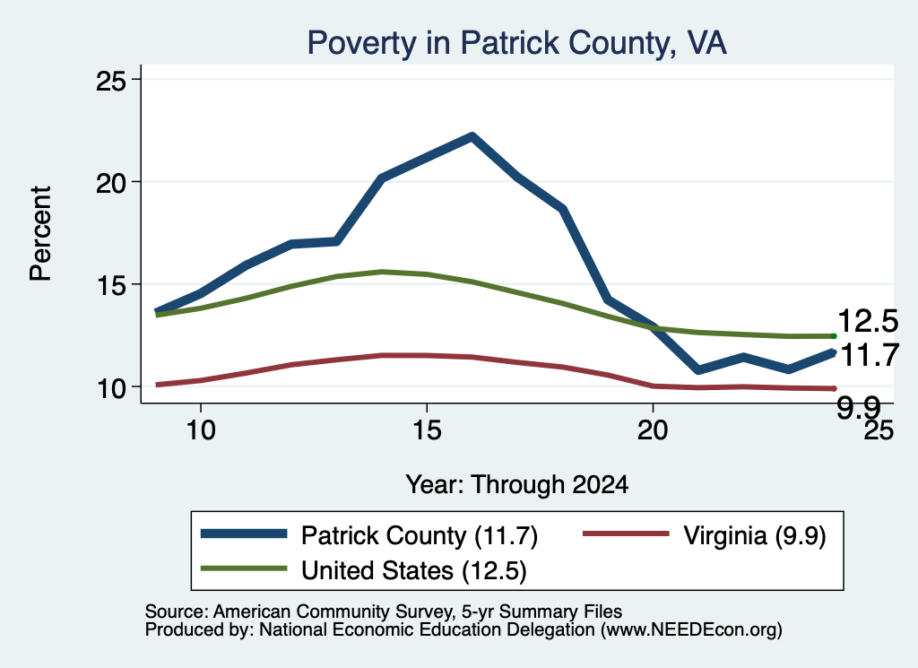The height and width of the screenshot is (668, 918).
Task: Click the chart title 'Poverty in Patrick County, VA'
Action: coord(517,43)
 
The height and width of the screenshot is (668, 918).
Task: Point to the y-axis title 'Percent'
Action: coord(40,234)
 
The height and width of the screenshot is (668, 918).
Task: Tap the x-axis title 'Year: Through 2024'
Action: coord(517,485)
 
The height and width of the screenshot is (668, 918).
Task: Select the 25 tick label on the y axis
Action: coord(111,80)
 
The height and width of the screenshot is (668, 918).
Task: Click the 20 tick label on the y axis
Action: coord(111,183)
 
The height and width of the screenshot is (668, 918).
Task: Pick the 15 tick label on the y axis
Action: coord(111,285)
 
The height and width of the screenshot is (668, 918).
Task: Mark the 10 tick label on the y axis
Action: coord(111,387)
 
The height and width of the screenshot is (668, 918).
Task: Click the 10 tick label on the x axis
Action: coord(201,430)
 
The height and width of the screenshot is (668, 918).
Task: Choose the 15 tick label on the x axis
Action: coord(427,430)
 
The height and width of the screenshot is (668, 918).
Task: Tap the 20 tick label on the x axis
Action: coord(653,430)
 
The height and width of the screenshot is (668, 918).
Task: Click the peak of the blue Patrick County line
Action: coord(472,136)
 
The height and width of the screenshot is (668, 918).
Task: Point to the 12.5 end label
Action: coord(868,321)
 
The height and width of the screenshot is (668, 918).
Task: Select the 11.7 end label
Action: coord(870,355)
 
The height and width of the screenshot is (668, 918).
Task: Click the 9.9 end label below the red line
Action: coord(858,407)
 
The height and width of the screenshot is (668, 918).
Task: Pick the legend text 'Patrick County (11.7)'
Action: coord(420,535)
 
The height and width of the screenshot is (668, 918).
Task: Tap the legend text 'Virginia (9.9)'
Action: coord(755,535)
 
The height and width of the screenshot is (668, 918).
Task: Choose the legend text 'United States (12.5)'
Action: coord(414,570)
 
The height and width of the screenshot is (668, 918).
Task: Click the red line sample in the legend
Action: coord(626,534)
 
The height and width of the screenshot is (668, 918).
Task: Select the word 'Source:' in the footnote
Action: coord(177,612)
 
